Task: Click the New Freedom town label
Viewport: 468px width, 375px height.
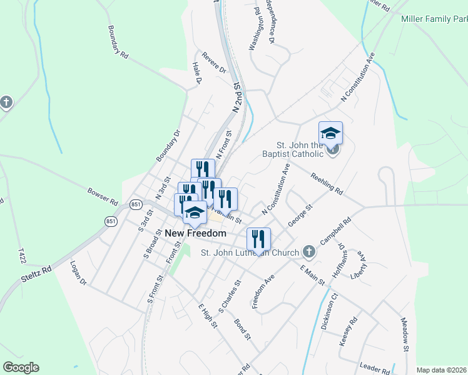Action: [195, 233]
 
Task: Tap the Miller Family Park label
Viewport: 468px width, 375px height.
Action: [434, 19]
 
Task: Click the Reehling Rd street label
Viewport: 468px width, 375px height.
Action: [327, 182]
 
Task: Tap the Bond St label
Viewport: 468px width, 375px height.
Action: [242, 330]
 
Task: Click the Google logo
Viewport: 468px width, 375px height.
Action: [21, 367]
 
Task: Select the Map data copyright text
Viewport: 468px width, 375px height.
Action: [440, 370]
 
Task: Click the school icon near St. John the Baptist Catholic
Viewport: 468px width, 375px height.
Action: [330, 133]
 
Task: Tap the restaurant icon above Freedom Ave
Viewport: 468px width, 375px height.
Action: [258, 239]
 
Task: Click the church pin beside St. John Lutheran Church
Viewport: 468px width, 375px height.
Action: [308, 252]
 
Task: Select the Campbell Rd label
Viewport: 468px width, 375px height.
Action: [337, 231]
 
